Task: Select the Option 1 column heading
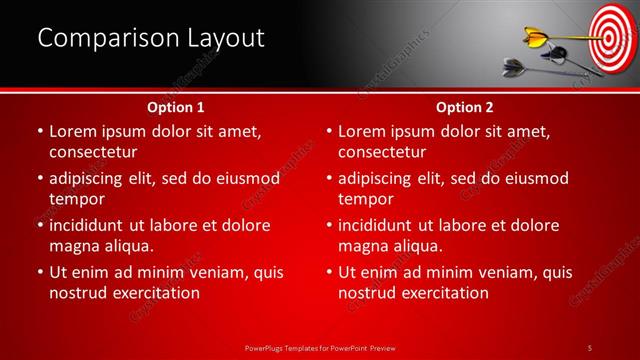click(176, 106)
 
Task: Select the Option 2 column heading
click(464, 106)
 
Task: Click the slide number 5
click(591, 346)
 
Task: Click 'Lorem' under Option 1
click(76, 131)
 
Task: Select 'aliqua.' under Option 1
click(127, 245)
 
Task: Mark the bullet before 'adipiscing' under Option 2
click(329, 178)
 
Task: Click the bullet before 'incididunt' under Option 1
click(39, 225)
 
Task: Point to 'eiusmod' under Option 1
click(246, 178)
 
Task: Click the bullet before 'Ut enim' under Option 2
click(329, 272)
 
